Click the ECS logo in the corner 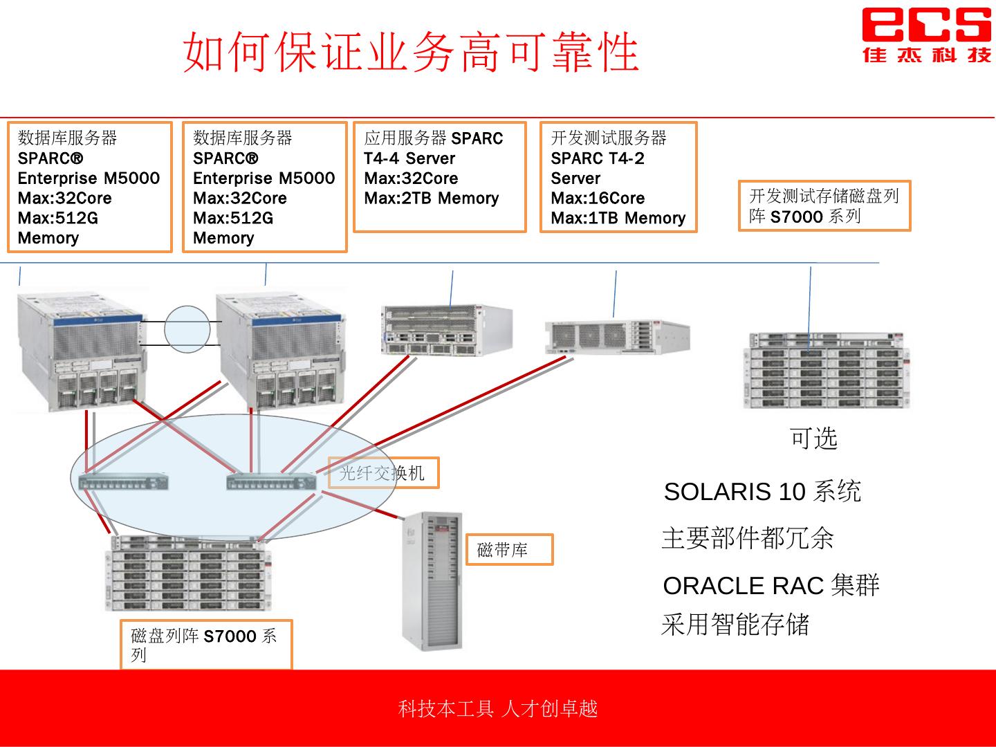point(925,35)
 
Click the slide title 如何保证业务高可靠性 point(411,52)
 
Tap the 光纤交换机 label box point(383,473)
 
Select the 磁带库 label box point(509,550)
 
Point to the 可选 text point(813,438)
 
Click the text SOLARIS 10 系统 point(762,492)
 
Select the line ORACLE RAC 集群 point(771,586)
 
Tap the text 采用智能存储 point(735,624)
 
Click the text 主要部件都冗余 point(748,538)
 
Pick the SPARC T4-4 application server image point(446,331)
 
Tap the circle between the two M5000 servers point(187,329)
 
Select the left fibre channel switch point(124,482)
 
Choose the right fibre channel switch point(272,482)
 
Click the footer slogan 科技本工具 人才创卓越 point(497,709)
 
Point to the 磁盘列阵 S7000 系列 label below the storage point(205,645)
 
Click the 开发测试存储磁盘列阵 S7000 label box point(824,206)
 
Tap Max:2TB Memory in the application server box point(432,199)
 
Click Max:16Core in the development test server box point(598,199)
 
